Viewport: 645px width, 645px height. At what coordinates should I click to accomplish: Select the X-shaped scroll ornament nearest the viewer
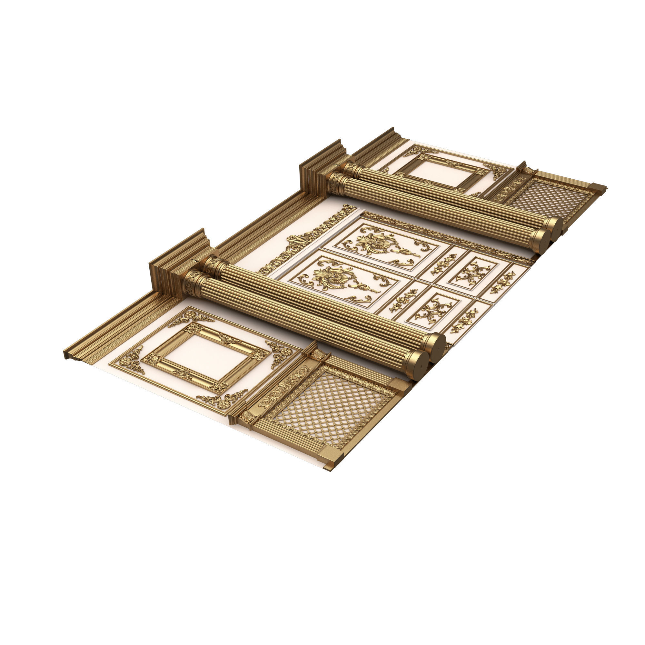[433, 312]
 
